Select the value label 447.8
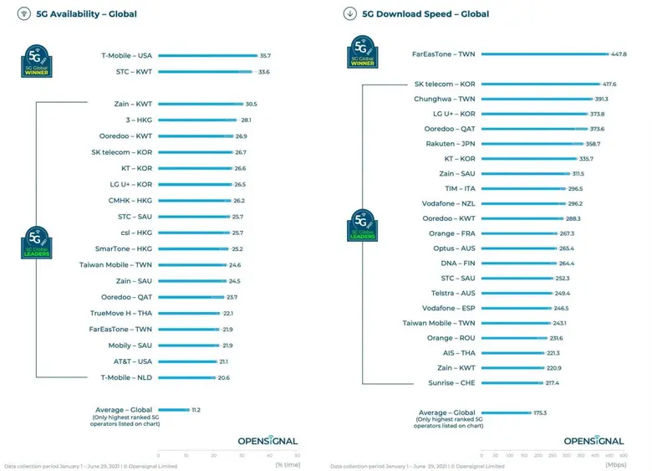[x=619, y=54]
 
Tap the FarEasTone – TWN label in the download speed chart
[x=444, y=54]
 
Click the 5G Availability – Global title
[x=87, y=14]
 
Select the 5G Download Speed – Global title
[x=425, y=14]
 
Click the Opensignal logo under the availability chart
[x=267, y=441]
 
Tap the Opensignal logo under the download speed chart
[x=593, y=441]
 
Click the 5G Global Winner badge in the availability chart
[x=37, y=63]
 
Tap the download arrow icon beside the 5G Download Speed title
[x=349, y=14]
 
